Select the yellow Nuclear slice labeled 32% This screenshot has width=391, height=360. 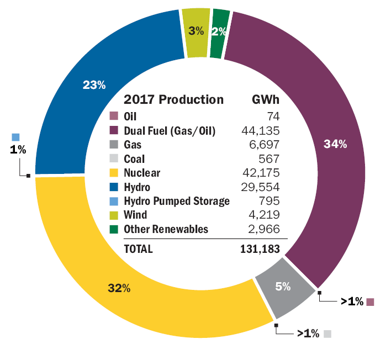119,287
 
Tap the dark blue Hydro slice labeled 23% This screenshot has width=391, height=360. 94,86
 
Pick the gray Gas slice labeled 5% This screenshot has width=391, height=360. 283,287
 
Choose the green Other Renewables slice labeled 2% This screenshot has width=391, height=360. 219,31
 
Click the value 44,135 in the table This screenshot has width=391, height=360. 261,131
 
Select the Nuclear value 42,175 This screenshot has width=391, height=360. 261,173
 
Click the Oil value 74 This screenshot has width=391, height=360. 273,117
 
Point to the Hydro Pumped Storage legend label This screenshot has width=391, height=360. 176,200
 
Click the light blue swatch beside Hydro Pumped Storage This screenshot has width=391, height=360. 114,201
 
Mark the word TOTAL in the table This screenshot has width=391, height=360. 138,249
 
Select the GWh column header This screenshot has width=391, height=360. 266,100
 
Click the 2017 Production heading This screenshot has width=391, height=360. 173,100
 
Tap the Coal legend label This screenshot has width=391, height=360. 134,159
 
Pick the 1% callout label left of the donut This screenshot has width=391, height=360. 18,150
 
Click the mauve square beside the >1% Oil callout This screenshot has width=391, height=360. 370,301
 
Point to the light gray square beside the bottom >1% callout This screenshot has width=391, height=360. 327,333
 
